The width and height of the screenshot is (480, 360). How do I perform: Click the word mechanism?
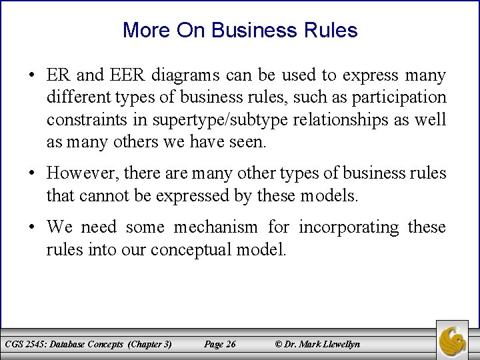pyautogui.click(x=216, y=227)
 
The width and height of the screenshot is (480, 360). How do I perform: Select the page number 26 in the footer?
pyautogui.click(x=231, y=344)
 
